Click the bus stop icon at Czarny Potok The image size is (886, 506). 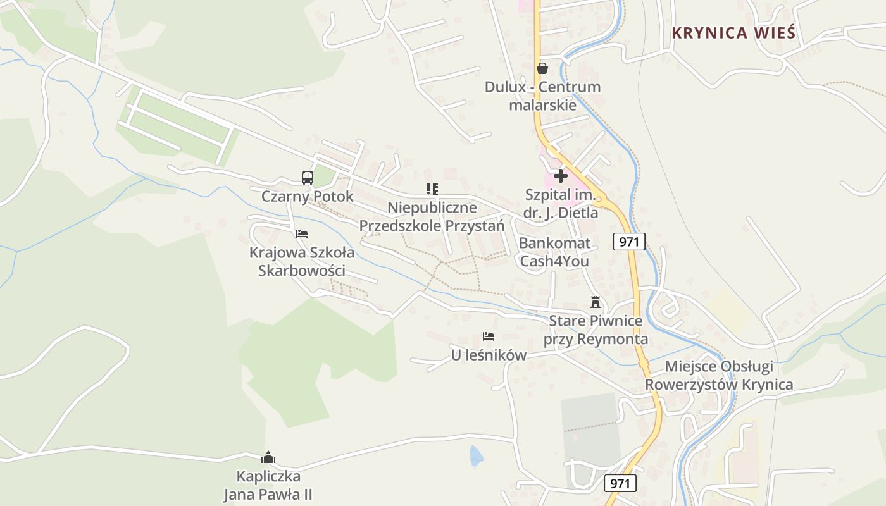pyautogui.click(x=308, y=178)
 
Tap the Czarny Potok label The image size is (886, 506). pyautogui.click(x=308, y=197)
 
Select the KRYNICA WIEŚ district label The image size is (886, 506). pyautogui.click(x=733, y=33)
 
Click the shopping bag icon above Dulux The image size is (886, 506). pyautogui.click(x=542, y=68)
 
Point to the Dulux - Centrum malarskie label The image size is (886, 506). pyautogui.click(x=542, y=96)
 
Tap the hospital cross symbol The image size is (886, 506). pyautogui.click(x=561, y=176)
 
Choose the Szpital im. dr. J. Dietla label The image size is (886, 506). pyautogui.click(x=561, y=204)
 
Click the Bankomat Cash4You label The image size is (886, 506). pyautogui.click(x=554, y=252)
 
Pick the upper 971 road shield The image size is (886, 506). pyautogui.click(x=629, y=241)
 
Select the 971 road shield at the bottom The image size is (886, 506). pyautogui.click(x=620, y=484)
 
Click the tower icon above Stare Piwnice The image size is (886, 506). pyautogui.click(x=595, y=302)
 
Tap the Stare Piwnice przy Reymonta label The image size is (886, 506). pyautogui.click(x=596, y=330)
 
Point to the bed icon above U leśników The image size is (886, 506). pyautogui.click(x=489, y=336)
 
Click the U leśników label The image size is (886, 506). pyautogui.click(x=489, y=355)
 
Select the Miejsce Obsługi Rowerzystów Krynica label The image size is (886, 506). pyautogui.click(x=718, y=376)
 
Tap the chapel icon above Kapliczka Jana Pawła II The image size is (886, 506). pyautogui.click(x=268, y=457)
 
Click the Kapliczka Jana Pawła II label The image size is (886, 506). pyautogui.click(x=268, y=485)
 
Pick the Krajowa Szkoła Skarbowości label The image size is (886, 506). pyautogui.click(x=302, y=262)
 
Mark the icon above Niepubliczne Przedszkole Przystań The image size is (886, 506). pyautogui.click(x=432, y=188)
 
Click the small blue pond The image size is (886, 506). pyautogui.click(x=476, y=455)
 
